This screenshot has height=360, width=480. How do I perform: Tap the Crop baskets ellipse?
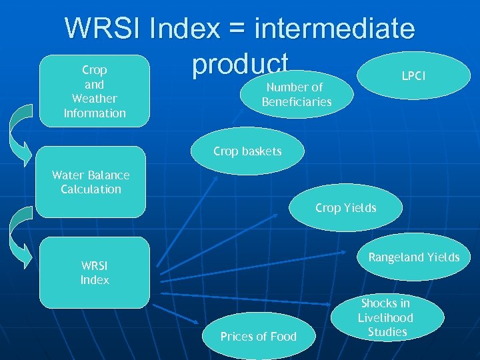(247, 151)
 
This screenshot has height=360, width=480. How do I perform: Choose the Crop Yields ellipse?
(345, 208)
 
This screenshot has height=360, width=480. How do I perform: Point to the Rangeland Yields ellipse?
(414, 257)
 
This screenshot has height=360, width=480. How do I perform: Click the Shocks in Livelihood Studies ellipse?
(387, 317)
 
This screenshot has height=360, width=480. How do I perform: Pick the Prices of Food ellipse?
(258, 336)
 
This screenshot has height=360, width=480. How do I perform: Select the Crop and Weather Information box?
(94, 91)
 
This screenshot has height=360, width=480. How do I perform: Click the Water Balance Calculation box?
(91, 182)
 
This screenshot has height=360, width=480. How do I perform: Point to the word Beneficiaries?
(297, 102)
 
